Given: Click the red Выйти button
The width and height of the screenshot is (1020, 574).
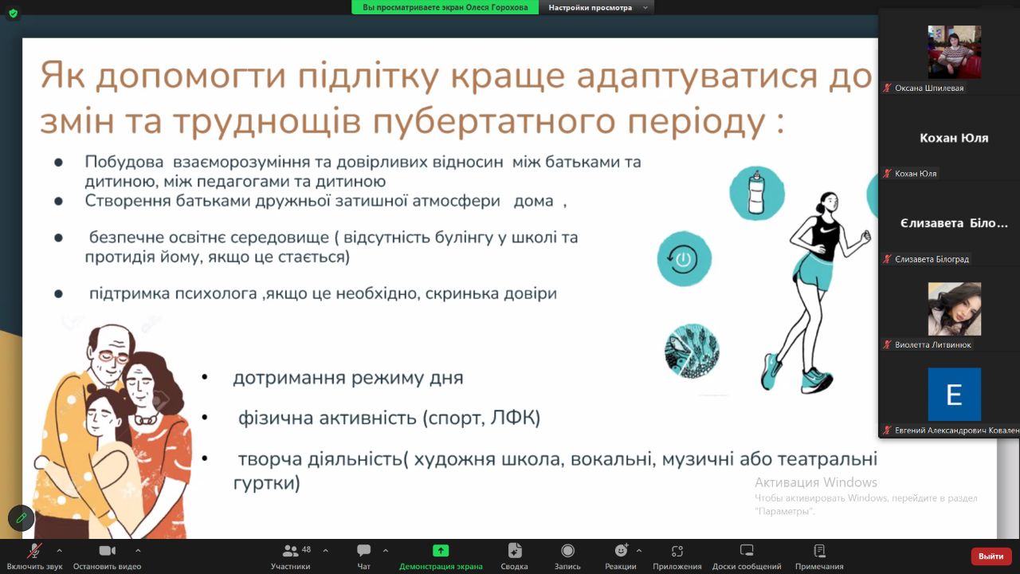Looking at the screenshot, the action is pos(991,556).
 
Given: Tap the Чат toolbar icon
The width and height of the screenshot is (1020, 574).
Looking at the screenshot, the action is pos(363,550).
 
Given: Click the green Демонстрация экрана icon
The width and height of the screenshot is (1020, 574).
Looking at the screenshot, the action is pos(441,551).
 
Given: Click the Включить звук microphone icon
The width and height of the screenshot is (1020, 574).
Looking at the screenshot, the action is pos(34,551).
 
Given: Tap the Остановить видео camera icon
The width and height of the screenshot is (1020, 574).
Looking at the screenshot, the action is pos(108,551).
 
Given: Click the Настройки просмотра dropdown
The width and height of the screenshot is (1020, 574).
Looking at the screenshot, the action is pos(597,7).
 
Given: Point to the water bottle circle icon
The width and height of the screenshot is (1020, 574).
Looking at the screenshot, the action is pos(757,193).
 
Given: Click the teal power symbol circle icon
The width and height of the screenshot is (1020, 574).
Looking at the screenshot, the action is pos(684,259).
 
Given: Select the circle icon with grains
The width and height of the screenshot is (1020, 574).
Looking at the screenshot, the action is pos(692,351).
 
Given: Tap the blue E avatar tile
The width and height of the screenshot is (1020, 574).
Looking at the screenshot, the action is pos(955,394).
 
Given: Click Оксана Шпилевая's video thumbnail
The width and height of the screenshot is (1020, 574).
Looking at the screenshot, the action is pos(955,52).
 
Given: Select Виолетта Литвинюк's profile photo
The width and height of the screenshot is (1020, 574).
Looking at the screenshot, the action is pos(955,309).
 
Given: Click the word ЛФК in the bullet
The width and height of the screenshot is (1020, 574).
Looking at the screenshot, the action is pos(512,418).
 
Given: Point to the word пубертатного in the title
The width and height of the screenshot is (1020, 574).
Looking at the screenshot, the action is pos(494,122).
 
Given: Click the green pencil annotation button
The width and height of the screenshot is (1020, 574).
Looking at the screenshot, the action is pos(21,518).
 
